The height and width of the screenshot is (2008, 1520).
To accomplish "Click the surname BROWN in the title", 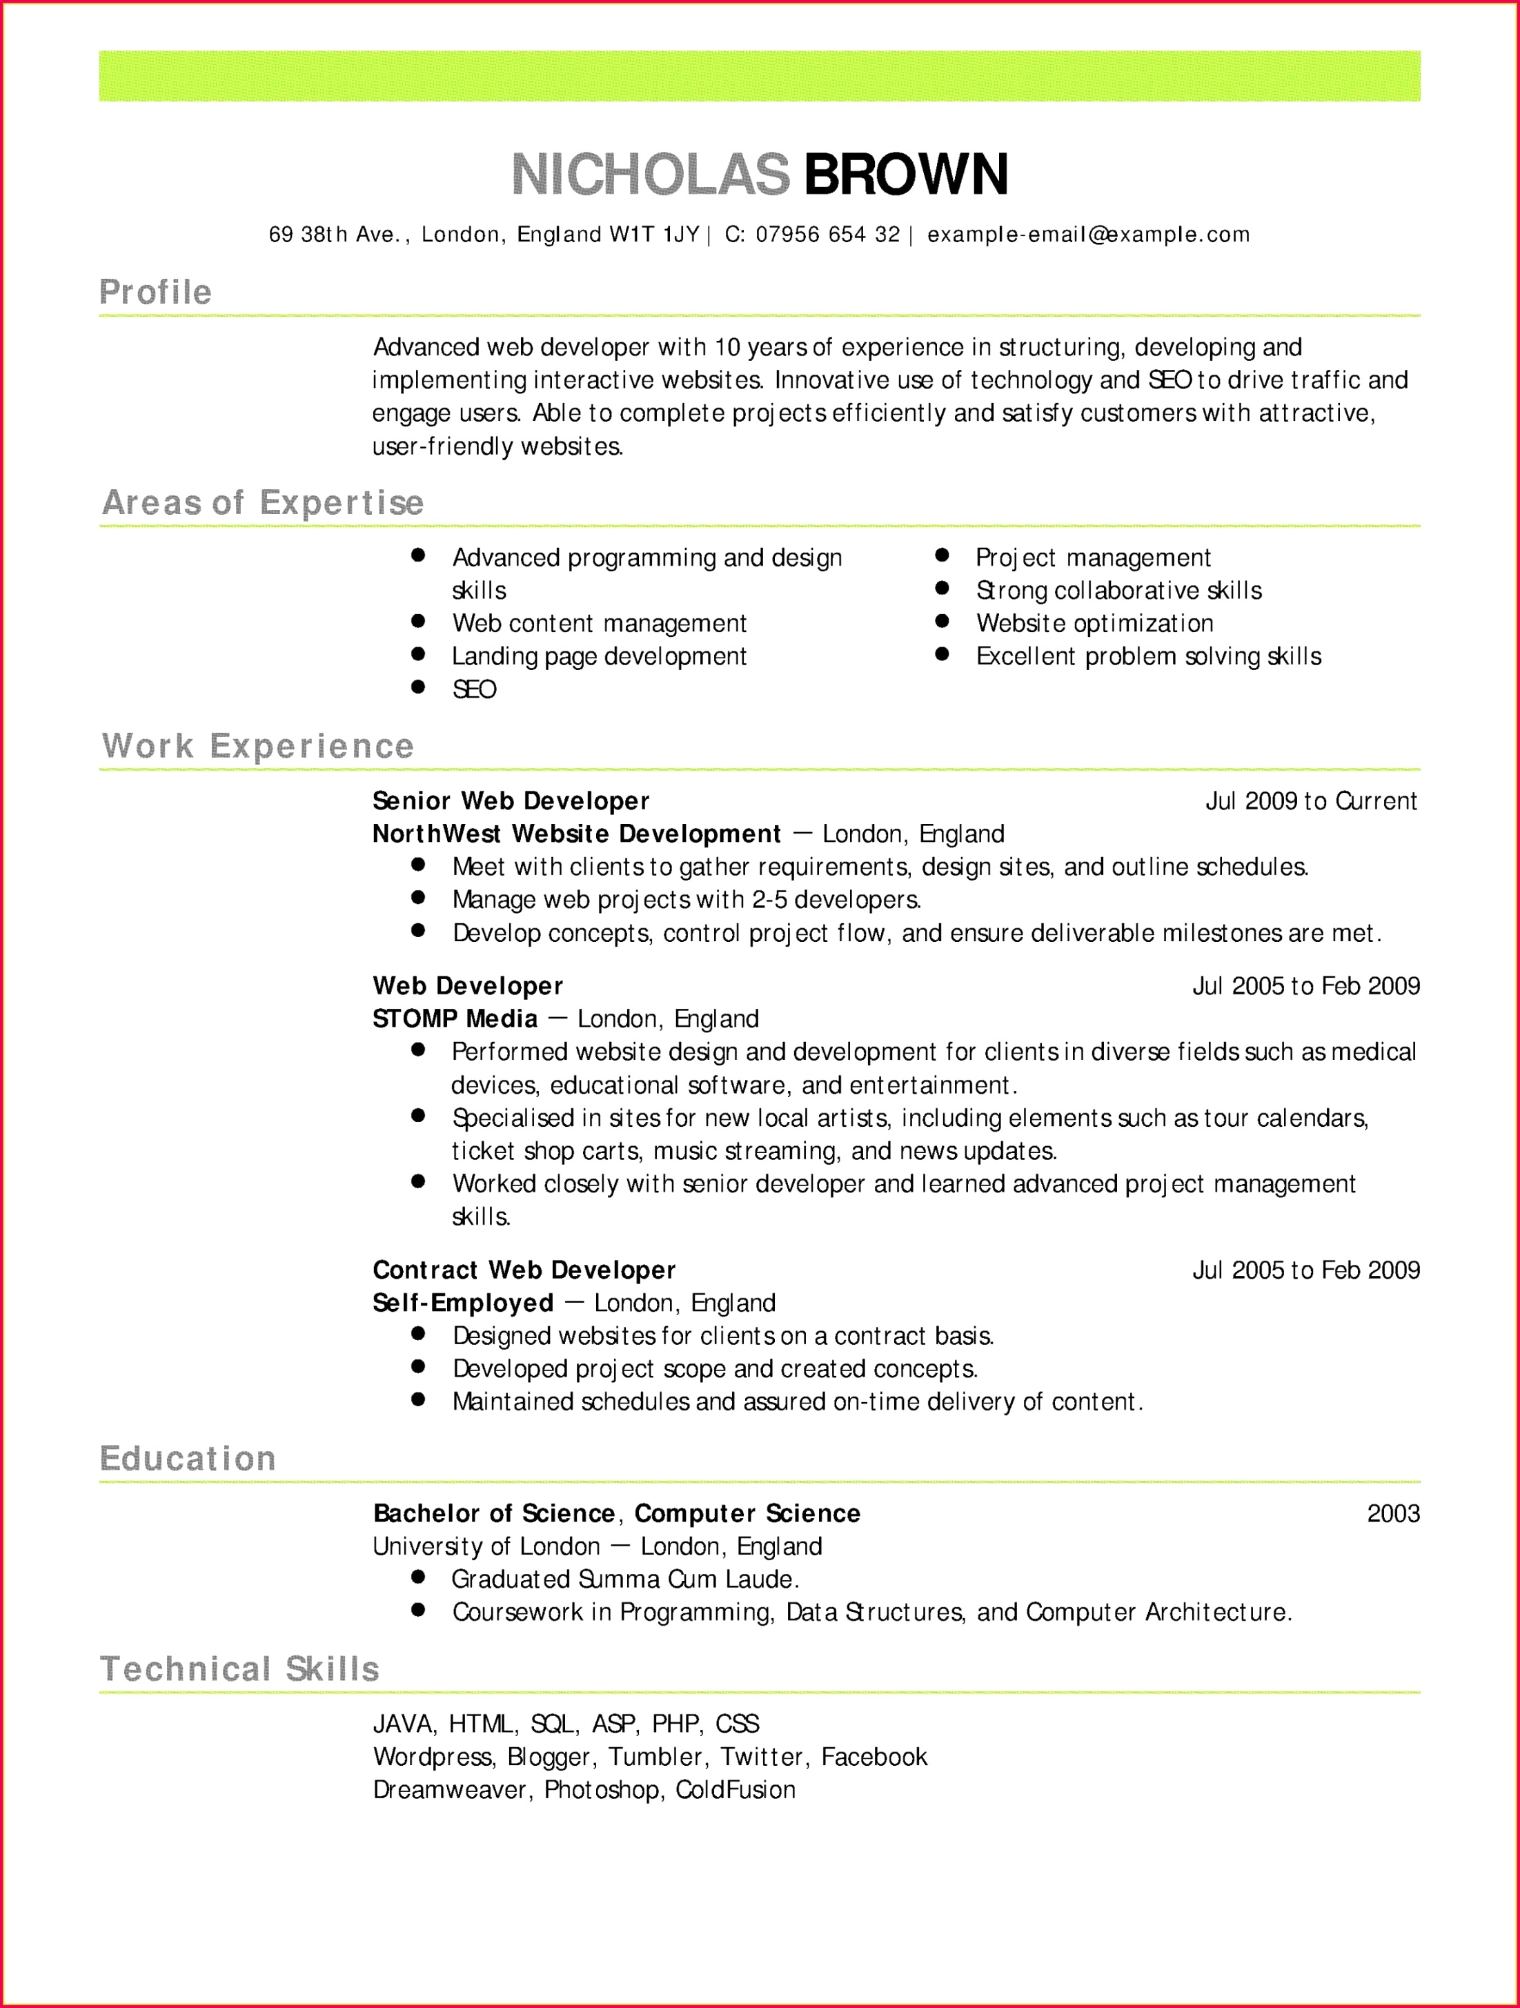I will click(906, 175).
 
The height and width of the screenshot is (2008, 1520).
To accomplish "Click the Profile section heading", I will click(155, 293).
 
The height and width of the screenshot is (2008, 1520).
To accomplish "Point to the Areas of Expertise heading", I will click(262, 503).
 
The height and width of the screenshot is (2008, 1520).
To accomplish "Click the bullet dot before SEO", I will click(418, 687).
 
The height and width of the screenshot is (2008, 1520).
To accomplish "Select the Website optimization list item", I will click(1094, 624).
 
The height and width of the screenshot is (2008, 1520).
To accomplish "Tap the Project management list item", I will click(1093, 558).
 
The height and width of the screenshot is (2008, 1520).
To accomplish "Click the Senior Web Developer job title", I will click(511, 800).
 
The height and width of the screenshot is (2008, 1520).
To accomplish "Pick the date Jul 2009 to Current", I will click(1310, 800).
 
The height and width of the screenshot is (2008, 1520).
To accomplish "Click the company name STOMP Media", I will click(455, 1018).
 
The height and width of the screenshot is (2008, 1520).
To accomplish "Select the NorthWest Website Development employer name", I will click(576, 834).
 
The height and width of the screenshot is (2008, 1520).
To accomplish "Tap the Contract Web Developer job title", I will click(524, 1270).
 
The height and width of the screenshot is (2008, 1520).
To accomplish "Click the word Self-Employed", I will click(463, 1303).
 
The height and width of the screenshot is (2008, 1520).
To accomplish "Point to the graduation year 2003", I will click(1393, 1513).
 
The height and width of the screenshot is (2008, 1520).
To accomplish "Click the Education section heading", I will click(188, 1459).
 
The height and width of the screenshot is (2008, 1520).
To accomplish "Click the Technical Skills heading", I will click(239, 1669).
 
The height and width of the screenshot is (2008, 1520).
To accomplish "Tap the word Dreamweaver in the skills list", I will click(450, 1790).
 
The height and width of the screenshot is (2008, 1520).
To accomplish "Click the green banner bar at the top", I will click(760, 77).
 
